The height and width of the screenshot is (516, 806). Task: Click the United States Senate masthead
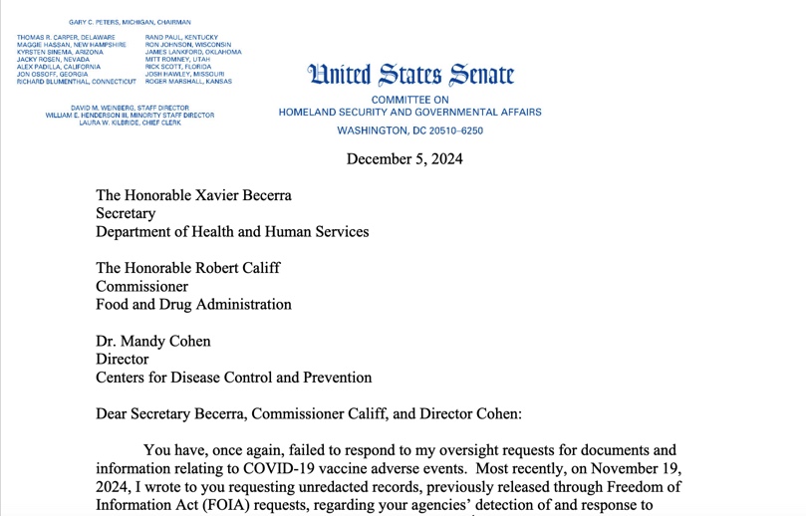pos(411,74)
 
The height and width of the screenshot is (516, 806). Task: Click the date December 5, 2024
pos(404,159)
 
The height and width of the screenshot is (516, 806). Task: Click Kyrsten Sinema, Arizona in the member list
pos(60,52)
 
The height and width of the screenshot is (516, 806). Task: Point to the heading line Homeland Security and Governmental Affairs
pos(409,113)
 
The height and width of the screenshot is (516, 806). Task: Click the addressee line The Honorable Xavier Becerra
pos(193,195)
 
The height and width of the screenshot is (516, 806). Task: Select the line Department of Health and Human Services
pos(232,231)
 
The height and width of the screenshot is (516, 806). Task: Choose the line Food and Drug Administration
pos(193,304)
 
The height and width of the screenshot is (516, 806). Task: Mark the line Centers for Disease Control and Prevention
pos(233,378)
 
